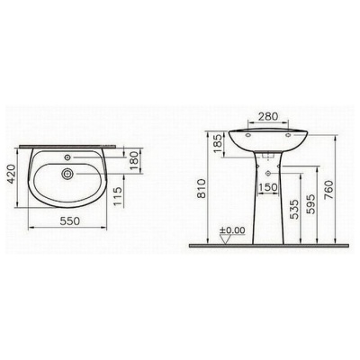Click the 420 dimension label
[x=11, y=174]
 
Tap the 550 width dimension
[x=70, y=221]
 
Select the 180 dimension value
[x=135, y=161]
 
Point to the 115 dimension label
[x=119, y=197]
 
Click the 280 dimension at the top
[x=268, y=116]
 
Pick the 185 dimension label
[x=218, y=143]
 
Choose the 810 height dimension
[x=202, y=188]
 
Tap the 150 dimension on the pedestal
[x=268, y=187]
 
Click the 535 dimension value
[x=295, y=209]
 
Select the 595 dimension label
[x=311, y=204]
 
